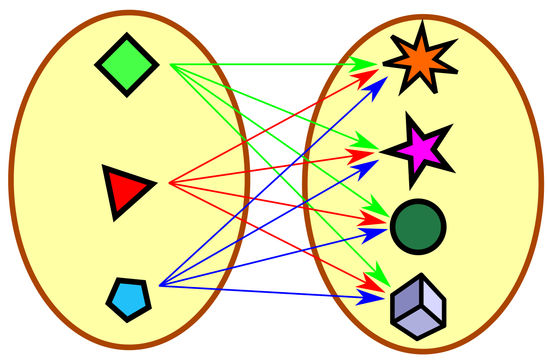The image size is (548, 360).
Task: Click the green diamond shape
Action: [x=127, y=65]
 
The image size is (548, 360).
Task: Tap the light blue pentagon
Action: [x=129, y=299]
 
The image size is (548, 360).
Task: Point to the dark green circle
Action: [x=418, y=227]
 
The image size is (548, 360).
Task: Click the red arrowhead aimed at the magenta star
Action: [x=361, y=155]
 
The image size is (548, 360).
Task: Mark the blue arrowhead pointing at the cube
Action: [x=370, y=297]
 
